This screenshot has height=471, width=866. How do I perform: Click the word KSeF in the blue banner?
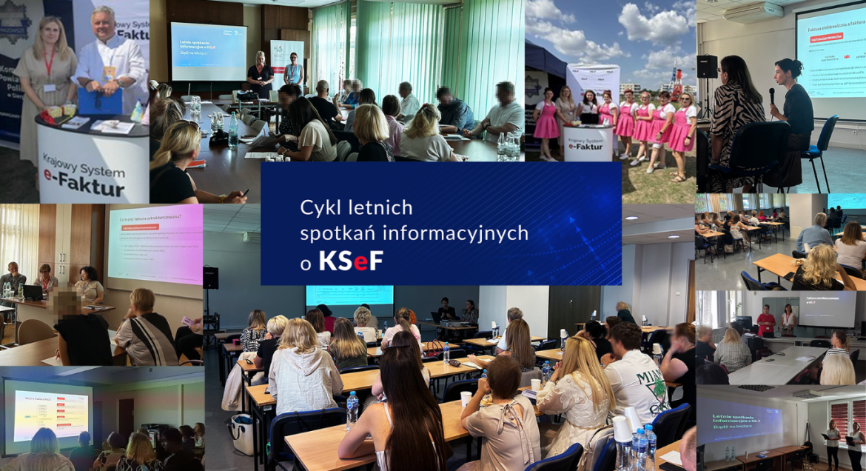tap(351, 261)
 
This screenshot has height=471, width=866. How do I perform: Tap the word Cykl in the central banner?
tap(318, 207)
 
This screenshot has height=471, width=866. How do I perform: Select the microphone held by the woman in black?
tap(772, 95)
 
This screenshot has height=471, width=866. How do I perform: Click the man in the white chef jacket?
tap(111, 59)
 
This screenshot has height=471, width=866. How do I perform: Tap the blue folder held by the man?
tap(99, 101)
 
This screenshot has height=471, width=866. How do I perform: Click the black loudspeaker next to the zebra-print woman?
tap(707, 67)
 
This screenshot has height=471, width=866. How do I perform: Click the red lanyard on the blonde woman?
tap(48, 63)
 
